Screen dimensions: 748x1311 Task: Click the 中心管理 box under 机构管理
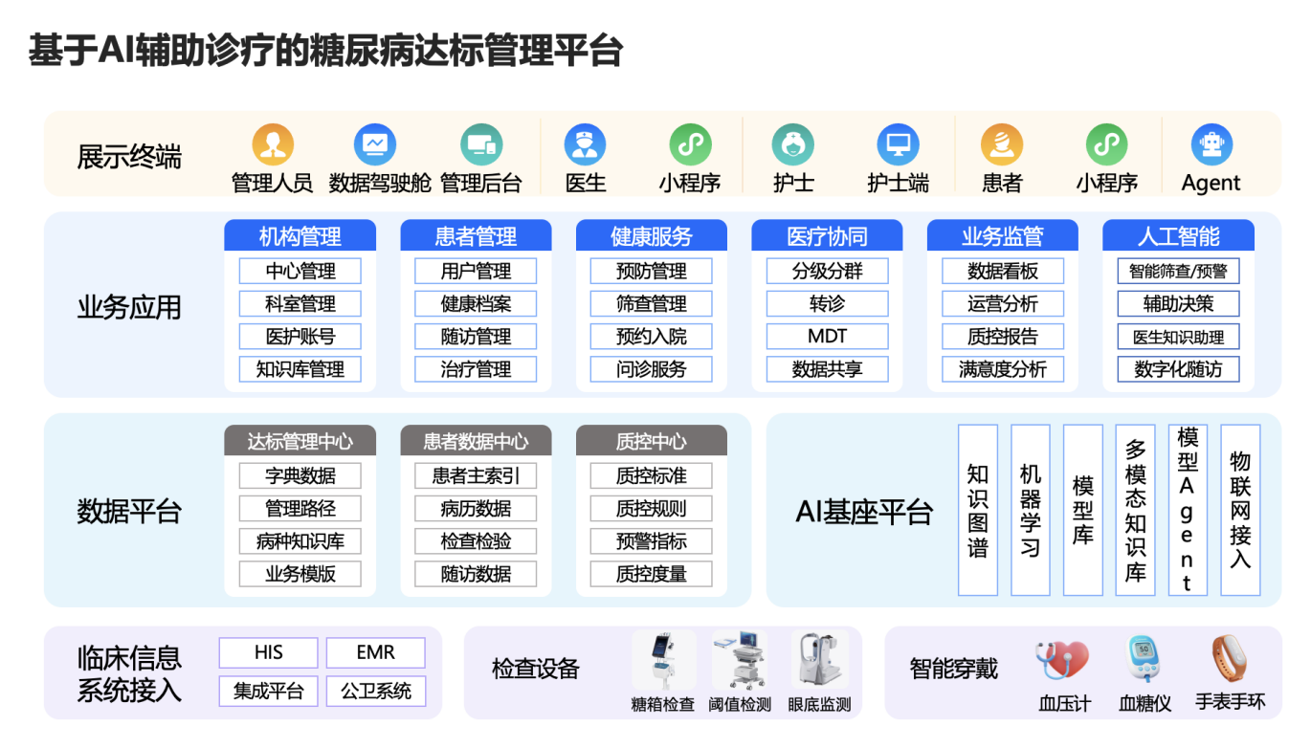pos(300,271)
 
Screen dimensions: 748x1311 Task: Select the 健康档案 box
pos(476,304)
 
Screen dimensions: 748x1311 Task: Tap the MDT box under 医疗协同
pos(827,337)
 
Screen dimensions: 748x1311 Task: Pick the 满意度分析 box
pos(1002,369)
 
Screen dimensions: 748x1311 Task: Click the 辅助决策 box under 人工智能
pos(1178,304)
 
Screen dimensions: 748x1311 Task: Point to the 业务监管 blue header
pos(1002,236)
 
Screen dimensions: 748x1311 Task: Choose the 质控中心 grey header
pos(651,441)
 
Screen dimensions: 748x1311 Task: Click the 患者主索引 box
pos(476,475)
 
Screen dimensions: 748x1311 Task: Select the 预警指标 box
pos(651,541)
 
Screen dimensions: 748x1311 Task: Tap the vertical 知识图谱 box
pos(977,511)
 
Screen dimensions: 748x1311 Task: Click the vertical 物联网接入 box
pos(1240,511)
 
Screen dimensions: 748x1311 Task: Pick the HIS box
pos(269,653)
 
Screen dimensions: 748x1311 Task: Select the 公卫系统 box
pos(376,691)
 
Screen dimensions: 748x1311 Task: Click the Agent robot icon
pos(1211,145)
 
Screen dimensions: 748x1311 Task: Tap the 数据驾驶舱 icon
pos(375,145)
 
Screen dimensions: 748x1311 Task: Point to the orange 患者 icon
pos(1002,145)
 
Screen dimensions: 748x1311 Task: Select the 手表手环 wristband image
pos(1229,657)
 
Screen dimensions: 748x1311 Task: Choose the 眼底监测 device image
pos(819,661)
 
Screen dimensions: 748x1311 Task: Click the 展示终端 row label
pos(129,157)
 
